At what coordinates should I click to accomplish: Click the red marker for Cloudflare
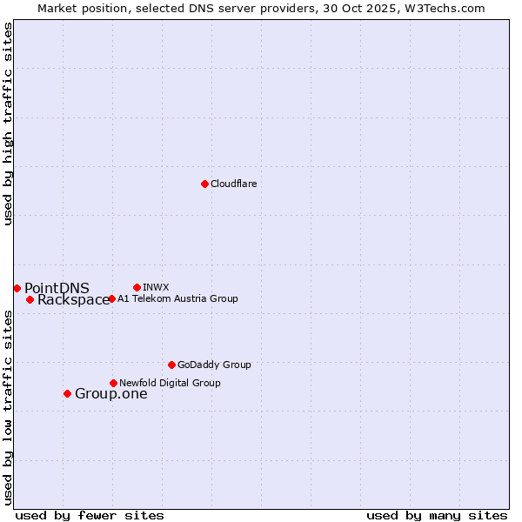coord(204,184)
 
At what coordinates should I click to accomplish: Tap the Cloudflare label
coord(234,184)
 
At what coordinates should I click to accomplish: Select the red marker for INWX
coord(137,287)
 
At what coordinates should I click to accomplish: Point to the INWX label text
coord(156,288)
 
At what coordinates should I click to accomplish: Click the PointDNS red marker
coord(17,288)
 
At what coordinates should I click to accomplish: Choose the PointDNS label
coord(57,289)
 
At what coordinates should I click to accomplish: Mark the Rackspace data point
coord(30,299)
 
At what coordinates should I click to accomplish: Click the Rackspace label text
coord(73,300)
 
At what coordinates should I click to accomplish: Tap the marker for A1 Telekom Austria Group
coord(111,298)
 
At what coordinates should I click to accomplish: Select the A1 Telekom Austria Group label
coord(177,299)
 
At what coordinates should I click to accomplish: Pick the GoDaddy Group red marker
coord(171,365)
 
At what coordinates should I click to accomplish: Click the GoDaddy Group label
coord(214,365)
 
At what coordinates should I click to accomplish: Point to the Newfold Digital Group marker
coord(113,383)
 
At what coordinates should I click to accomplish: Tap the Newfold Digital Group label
coord(170,384)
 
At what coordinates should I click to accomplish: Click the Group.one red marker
coord(67,393)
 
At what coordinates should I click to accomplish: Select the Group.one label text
coord(110,394)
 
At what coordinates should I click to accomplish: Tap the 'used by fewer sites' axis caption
coord(90,515)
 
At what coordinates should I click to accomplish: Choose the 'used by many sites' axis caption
coord(437,515)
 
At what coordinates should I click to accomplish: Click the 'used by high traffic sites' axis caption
coord(9,124)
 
